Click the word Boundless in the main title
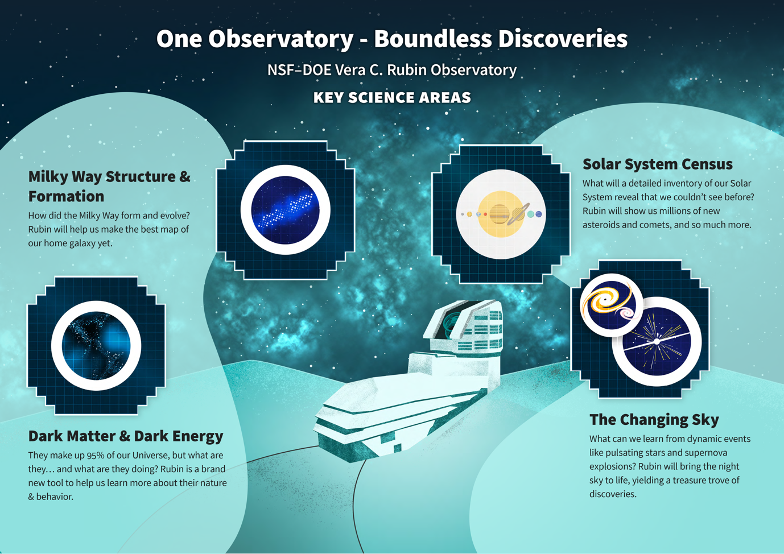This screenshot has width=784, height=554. point(432,39)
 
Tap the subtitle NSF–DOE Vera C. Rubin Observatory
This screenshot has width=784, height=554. point(392,70)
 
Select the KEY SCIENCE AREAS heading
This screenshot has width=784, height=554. point(392,98)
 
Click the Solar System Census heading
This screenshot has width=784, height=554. point(658,164)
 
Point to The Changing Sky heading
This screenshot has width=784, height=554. point(654,420)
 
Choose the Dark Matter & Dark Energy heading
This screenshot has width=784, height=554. point(126,436)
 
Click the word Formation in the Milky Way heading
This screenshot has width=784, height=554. point(66,196)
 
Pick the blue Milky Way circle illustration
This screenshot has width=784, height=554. point(285,210)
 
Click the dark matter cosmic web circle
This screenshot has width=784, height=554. point(96,346)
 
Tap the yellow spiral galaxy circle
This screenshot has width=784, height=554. point(611,305)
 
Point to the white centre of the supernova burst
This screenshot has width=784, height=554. point(657,341)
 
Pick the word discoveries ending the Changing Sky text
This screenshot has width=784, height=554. point(612,494)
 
